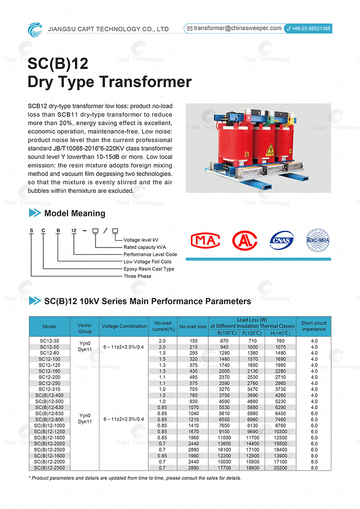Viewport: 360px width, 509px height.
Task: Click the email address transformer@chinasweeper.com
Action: click(x=238, y=28)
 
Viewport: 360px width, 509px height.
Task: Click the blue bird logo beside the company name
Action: click(x=35, y=29)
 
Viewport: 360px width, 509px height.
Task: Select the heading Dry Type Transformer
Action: click(x=109, y=82)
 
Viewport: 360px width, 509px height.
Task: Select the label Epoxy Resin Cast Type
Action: click(x=149, y=269)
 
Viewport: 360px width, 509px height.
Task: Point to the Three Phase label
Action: click(x=137, y=276)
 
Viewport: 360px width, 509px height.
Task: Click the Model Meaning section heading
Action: click(x=74, y=213)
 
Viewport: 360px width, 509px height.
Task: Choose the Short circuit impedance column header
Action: click(x=313, y=326)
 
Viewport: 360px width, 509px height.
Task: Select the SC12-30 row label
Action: click(x=49, y=341)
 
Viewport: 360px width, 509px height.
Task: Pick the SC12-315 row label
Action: click(x=49, y=390)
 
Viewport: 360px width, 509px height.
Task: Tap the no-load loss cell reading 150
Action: click(x=193, y=341)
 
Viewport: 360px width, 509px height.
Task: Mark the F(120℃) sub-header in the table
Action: click(x=252, y=333)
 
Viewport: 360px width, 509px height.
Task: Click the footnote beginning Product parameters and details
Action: click(x=134, y=478)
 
